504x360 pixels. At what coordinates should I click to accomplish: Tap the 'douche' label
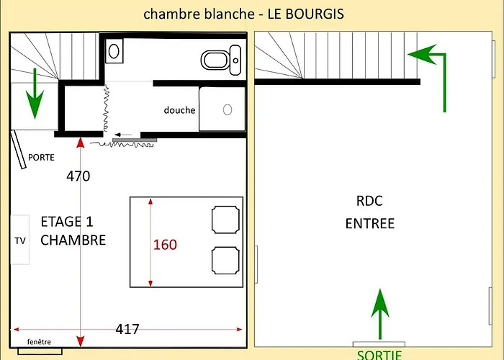(x=179, y=110)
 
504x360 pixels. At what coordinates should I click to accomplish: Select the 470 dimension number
(x=78, y=176)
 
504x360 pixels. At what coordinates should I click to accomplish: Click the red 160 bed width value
(x=165, y=244)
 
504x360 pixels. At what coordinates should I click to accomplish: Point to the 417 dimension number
(x=127, y=329)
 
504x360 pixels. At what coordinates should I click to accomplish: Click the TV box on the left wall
(x=19, y=240)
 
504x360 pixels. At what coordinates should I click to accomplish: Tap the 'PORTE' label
(x=41, y=157)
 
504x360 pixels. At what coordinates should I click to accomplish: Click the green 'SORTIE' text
(x=379, y=354)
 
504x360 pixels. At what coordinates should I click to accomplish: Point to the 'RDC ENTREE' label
(x=370, y=212)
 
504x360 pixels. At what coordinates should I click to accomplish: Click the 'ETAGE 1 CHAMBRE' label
(x=72, y=230)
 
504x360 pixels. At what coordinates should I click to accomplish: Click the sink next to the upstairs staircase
(x=114, y=50)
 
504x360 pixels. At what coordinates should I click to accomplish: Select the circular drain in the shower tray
(x=228, y=109)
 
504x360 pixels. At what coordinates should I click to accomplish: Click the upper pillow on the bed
(x=225, y=219)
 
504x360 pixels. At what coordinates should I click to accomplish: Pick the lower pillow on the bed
(x=225, y=259)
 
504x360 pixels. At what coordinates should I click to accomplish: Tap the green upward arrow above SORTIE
(x=379, y=313)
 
